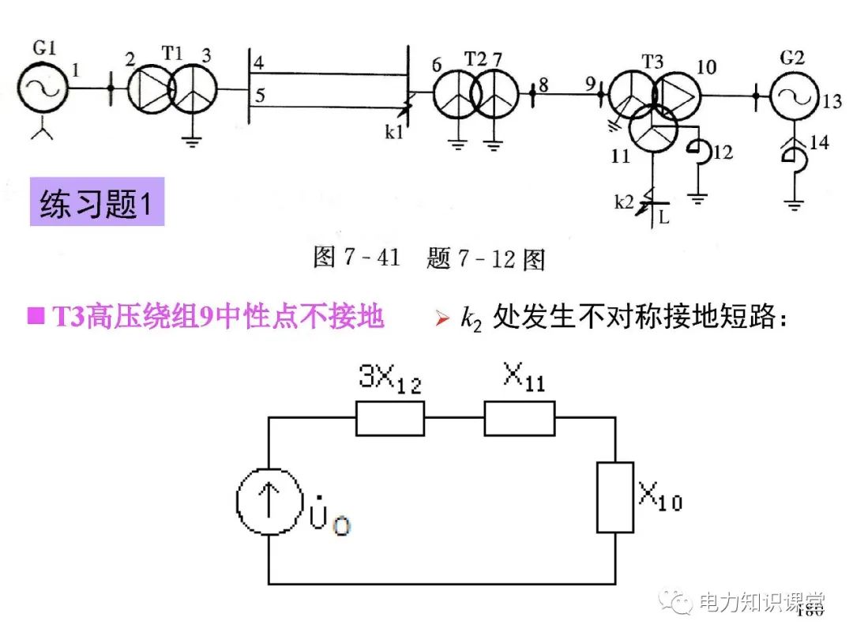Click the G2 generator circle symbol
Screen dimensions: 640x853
click(795, 97)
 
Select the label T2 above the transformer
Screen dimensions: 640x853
click(475, 59)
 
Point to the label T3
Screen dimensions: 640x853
click(653, 61)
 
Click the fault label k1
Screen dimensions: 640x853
click(394, 132)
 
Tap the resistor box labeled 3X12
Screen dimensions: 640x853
click(389, 418)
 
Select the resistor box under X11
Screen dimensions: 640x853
click(519, 418)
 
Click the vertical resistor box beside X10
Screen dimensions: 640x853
click(615, 497)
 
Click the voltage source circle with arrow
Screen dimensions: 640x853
click(269, 503)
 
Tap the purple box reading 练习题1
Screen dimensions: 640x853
click(96, 203)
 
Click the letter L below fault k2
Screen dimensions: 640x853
click(663, 216)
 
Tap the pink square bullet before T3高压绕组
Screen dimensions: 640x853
click(34, 317)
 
